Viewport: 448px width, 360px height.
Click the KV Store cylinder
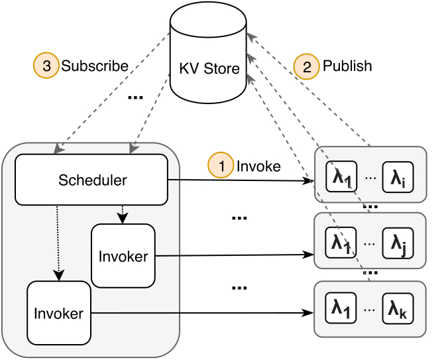tap(208, 52)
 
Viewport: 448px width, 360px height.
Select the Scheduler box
tap(91, 180)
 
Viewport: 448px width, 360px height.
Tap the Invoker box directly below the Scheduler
tap(123, 256)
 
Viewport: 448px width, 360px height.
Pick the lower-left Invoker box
tap(59, 313)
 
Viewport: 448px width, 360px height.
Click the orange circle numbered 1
tap(221, 165)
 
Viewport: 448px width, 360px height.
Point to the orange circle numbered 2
tap(306, 66)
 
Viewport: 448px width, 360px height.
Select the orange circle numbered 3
tap(46, 66)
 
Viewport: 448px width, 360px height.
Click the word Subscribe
tap(95, 66)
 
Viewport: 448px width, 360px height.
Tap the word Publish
tap(347, 66)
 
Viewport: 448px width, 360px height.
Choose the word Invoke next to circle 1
tap(258, 166)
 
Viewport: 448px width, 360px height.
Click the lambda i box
tap(398, 177)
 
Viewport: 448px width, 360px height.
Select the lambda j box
tap(398, 243)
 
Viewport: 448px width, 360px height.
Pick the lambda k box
tap(398, 308)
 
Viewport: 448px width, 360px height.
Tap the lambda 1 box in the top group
tap(341, 176)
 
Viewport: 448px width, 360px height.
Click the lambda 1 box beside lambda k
tap(341, 308)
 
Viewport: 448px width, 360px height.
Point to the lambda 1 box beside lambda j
tap(341, 243)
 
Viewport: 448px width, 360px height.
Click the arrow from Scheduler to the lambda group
tap(241, 180)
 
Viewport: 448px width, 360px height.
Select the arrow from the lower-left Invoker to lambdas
tap(203, 313)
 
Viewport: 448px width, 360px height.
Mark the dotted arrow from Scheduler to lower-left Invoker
tap(58, 243)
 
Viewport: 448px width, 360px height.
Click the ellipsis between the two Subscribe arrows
tap(135, 97)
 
